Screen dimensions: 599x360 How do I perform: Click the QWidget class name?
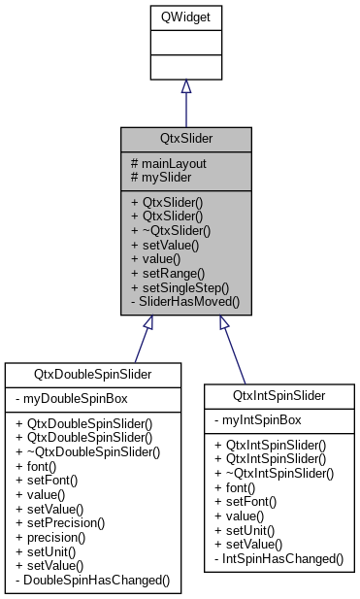coord(185,16)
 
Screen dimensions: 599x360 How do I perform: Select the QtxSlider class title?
coord(185,138)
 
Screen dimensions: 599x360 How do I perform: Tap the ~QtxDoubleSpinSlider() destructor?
coord(84,451)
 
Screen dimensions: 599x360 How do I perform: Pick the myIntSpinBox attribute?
coord(259,420)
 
